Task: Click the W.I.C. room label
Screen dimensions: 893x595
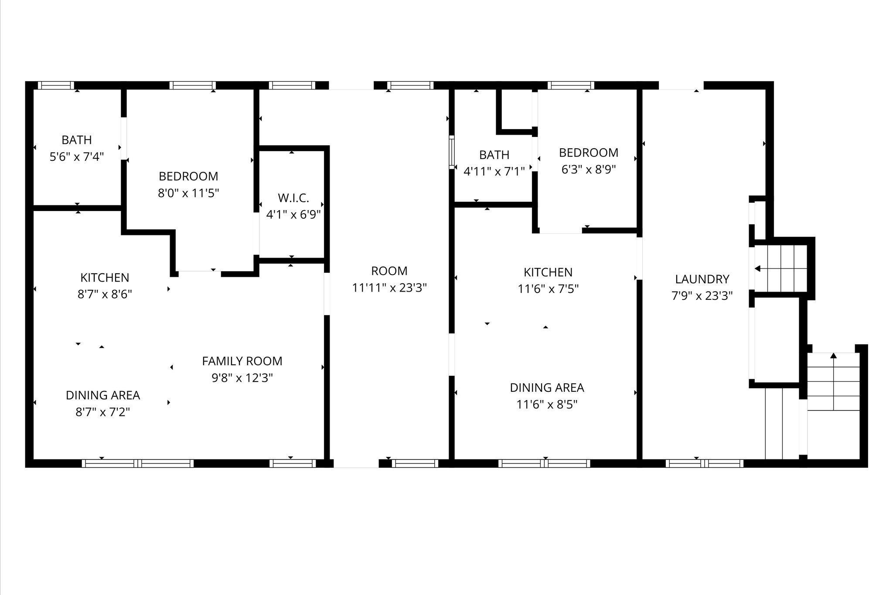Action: (x=293, y=198)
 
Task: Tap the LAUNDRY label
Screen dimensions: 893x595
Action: (x=702, y=279)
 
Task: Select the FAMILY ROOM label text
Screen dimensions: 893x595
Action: (x=242, y=361)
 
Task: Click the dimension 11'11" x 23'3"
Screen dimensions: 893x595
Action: (x=389, y=288)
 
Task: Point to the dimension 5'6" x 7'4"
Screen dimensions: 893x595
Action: (x=77, y=156)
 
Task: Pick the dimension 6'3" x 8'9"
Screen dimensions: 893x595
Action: (x=589, y=169)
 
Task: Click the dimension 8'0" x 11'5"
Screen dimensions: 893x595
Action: (x=188, y=193)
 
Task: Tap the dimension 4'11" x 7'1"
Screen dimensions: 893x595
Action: (x=494, y=171)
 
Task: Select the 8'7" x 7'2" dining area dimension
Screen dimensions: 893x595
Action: (x=103, y=412)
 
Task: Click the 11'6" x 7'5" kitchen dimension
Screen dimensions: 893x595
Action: (x=548, y=289)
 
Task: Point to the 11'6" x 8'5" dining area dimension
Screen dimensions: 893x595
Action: (x=547, y=405)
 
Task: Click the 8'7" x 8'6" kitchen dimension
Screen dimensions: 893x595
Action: (x=105, y=294)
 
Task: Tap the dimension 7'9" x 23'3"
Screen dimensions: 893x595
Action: (x=702, y=296)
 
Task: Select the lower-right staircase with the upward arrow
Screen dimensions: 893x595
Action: (x=833, y=382)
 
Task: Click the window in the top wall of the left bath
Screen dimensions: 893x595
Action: (x=56, y=85)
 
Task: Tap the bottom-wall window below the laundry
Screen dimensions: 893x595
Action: (x=705, y=463)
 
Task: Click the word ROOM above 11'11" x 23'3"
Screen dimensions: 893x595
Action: (x=389, y=271)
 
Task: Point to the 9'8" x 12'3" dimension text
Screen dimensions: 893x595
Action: (x=242, y=378)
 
